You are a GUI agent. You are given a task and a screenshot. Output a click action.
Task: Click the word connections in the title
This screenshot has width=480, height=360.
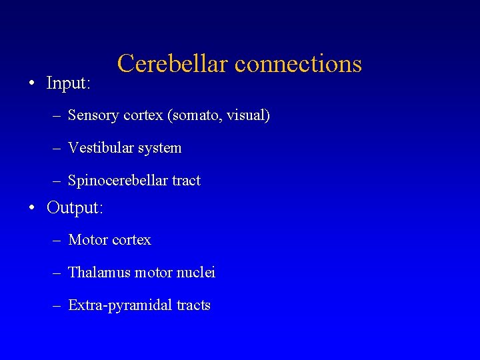tap(299, 63)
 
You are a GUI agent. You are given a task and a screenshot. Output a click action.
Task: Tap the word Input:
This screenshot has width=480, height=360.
tap(68, 83)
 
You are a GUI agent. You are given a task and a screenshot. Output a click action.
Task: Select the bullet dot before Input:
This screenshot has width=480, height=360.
tap(32, 84)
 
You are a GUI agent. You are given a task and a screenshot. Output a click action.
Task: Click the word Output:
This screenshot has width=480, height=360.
tap(75, 208)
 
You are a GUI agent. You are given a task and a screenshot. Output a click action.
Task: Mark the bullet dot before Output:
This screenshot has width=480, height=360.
tap(32, 209)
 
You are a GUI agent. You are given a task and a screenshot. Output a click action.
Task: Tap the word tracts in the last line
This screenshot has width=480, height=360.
tap(194, 306)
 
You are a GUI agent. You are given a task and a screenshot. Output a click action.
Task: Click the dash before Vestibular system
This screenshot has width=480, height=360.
tap(57, 149)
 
